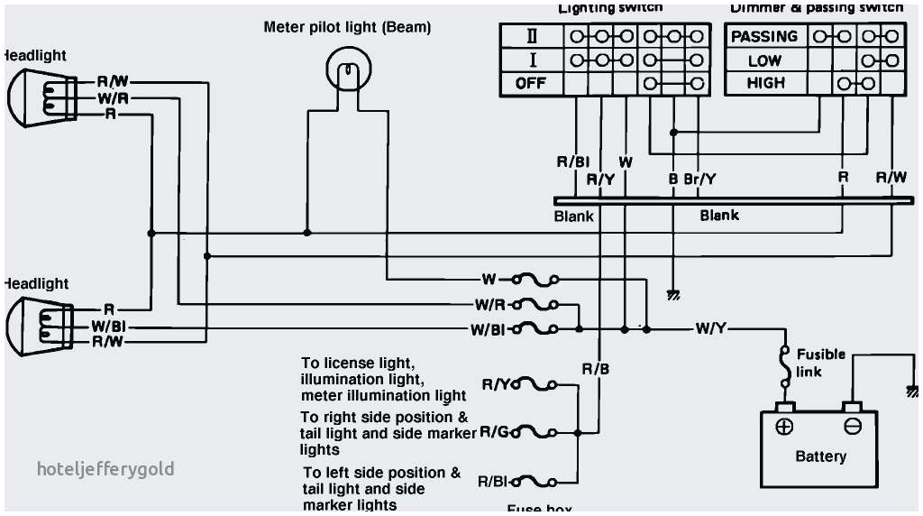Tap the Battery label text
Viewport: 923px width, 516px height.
tap(820, 456)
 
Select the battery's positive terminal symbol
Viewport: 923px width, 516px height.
tap(784, 427)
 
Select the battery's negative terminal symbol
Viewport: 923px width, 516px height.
tap(852, 427)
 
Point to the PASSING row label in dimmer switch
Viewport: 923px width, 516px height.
tap(763, 37)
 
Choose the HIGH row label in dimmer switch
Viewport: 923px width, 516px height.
tap(765, 83)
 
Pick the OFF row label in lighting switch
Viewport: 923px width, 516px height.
tap(531, 83)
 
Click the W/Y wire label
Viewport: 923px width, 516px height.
tap(710, 328)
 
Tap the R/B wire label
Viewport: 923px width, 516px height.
tap(596, 369)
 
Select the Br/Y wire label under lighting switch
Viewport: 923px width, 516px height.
tap(700, 179)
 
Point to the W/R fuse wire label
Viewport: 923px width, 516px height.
tap(490, 305)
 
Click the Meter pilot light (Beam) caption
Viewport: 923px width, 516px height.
tap(347, 27)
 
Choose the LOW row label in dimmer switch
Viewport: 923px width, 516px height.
tap(765, 60)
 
